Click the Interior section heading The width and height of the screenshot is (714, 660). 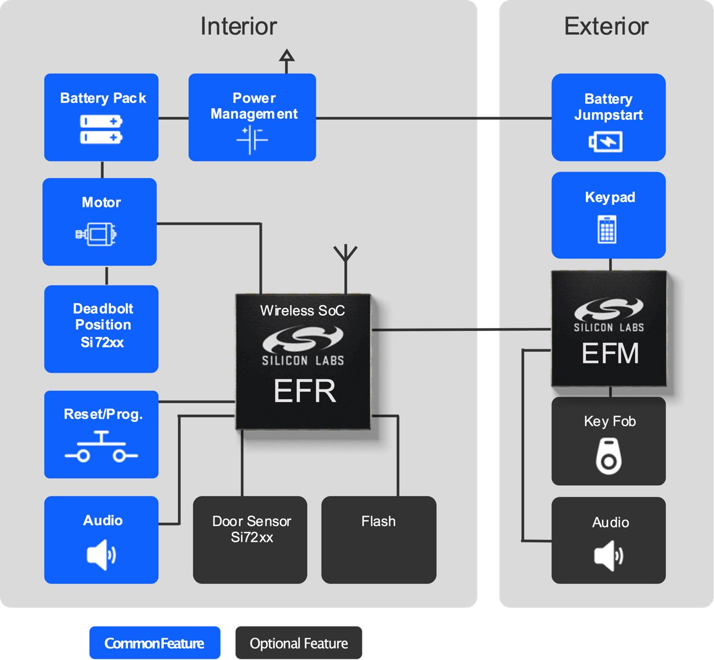coord(238,26)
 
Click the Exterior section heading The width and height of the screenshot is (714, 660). coord(606,26)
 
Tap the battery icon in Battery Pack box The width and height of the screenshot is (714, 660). coord(101,129)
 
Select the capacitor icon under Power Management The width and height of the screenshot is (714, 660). coord(252,140)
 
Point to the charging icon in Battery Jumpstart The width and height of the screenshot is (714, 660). coord(606,142)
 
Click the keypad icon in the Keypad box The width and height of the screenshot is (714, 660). coord(607,229)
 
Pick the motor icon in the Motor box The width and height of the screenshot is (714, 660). coord(97,235)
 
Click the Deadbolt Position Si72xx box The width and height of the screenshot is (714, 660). coord(102,329)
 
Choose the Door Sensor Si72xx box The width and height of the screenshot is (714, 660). coord(250,540)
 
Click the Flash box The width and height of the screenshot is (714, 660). coord(378,540)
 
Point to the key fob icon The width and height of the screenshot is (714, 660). coord(609,456)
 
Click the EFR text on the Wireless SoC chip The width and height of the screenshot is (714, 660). coord(304,391)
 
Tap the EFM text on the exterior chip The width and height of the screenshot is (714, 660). coord(610,353)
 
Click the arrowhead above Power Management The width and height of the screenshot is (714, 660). coord(287,56)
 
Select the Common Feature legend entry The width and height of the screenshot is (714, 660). coord(155,643)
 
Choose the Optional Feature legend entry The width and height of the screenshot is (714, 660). coord(299,643)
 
